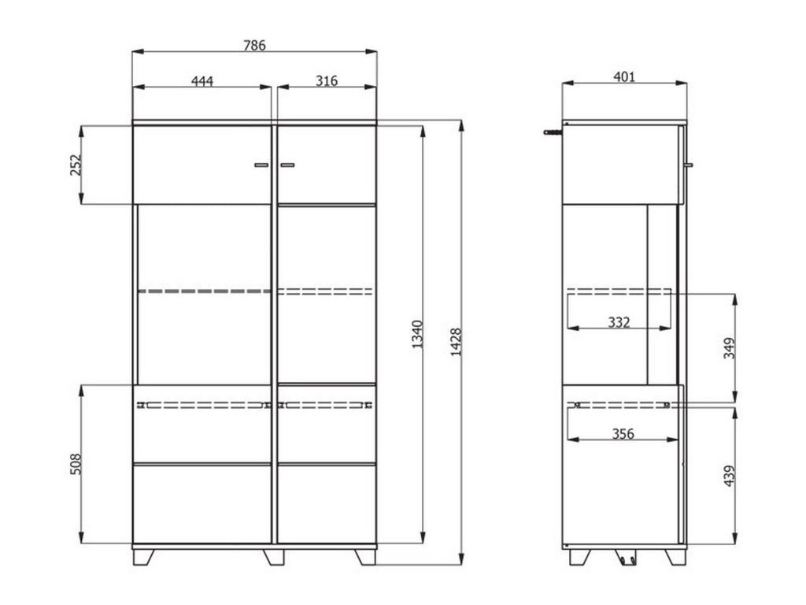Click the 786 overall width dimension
(254, 46)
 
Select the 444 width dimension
(202, 81)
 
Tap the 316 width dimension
(327, 81)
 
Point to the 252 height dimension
(76, 165)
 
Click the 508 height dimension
(76, 464)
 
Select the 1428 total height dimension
(456, 342)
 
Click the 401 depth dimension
(624, 76)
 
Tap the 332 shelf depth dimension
(620, 322)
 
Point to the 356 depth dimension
(623, 433)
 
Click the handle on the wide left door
(261, 165)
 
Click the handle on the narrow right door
(287, 165)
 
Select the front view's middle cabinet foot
(274, 556)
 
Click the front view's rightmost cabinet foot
(365, 556)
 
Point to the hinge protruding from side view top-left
(554, 132)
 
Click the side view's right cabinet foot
(675, 556)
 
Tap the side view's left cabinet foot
(579, 556)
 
